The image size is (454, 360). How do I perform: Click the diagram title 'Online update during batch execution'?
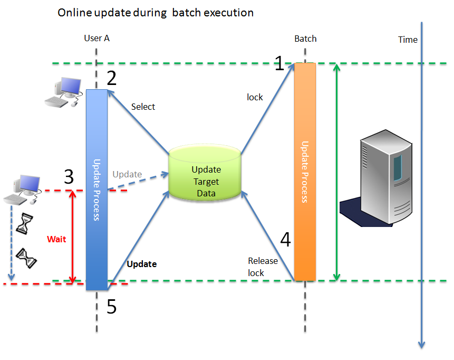(x=156, y=13)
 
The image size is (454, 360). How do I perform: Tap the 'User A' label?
(x=96, y=38)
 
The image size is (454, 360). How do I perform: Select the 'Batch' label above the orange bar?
(x=305, y=39)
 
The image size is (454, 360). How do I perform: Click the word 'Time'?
(x=408, y=40)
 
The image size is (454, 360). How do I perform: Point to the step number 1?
(x=279, y=64)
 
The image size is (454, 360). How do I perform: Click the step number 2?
(x=111, y=79)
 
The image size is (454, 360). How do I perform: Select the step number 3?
(x=69, y=177)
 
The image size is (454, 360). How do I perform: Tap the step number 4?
(x=285, y=240)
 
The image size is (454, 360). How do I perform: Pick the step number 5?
(x=111, y=307)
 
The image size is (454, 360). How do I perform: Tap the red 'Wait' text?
(x=56, y=239)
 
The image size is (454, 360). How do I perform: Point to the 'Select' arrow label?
(x=143, y=107)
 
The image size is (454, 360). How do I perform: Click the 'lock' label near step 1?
(x=255, y=97)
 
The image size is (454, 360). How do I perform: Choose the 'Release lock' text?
(x=263, y=267)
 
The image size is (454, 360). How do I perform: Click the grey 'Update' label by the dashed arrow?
(x=127, y=174)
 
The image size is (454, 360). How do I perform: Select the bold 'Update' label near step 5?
(x=142, y=263)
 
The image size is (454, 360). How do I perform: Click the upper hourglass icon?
(x=24, y=223)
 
